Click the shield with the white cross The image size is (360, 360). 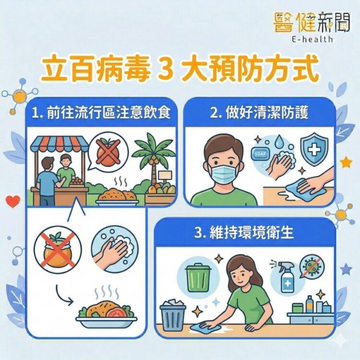[314, 149]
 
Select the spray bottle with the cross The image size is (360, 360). [286, 276]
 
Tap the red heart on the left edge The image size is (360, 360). [14, 200]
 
